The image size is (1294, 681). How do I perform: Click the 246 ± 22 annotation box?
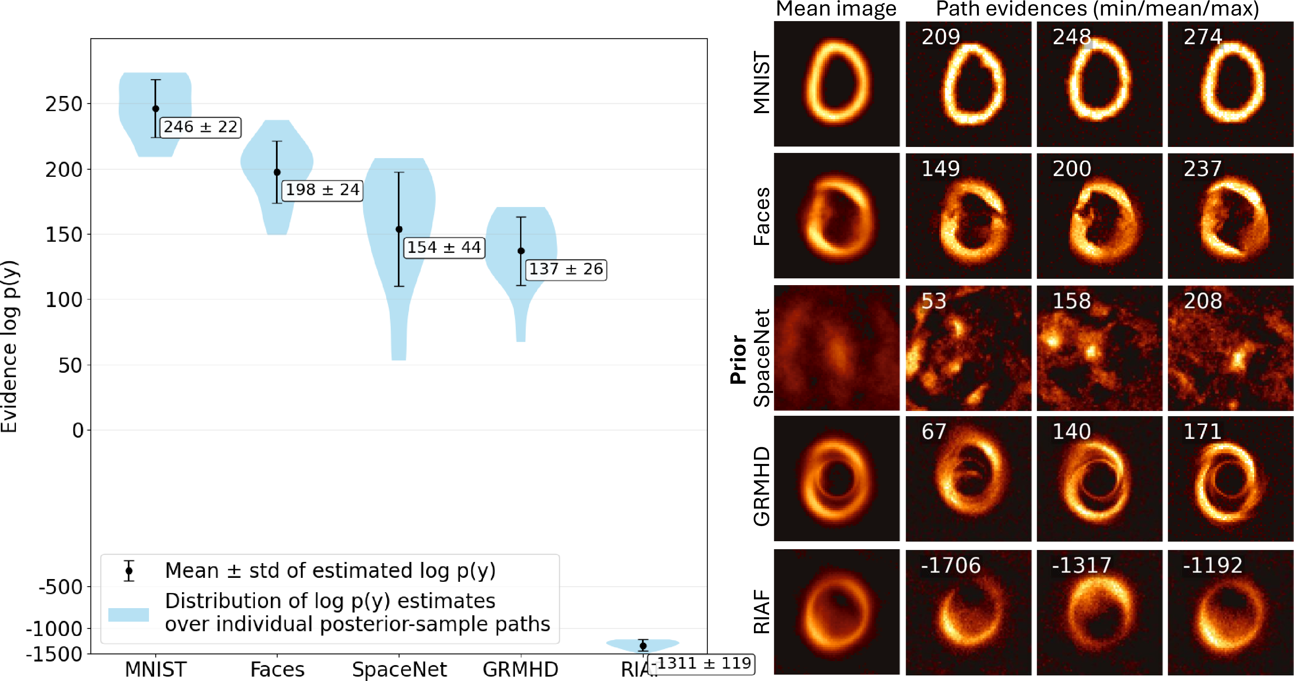pos(200,127)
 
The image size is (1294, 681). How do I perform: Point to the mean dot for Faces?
pos(277,172)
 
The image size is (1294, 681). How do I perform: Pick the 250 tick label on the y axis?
pos(64,104)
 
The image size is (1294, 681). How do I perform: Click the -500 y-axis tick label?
pos(60,587)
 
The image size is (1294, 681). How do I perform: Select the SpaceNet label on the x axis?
pos(399,669)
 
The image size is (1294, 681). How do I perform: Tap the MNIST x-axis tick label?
pos(156,669)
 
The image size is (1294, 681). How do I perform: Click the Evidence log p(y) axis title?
pos(10,346)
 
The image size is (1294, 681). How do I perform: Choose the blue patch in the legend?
pos(129,615)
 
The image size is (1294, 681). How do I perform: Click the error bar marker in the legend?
pos(129,571)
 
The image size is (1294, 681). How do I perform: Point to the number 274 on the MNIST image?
pos(1202,37)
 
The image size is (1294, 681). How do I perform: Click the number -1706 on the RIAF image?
pos(950,566)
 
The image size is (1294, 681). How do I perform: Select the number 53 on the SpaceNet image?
pos(934,301)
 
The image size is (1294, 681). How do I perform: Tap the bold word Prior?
pos(738,360)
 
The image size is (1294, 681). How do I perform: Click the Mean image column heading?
pos(836,9)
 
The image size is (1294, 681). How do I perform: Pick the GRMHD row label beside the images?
pos(762,486)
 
